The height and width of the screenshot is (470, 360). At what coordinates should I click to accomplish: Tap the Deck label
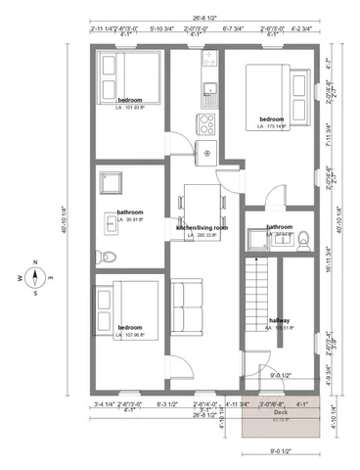click(281, 412)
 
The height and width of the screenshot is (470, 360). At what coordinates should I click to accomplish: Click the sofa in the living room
click(185, 306)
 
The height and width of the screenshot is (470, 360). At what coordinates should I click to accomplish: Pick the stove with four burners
click(207, 124)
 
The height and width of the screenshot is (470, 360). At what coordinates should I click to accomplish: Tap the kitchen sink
click(207, 92)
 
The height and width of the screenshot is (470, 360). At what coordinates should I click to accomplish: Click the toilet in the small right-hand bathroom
click(303, 236)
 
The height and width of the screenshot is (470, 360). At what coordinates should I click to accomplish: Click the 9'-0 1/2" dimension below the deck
click(281, 452)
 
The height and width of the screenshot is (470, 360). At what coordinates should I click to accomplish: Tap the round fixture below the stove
click(207, 151)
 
